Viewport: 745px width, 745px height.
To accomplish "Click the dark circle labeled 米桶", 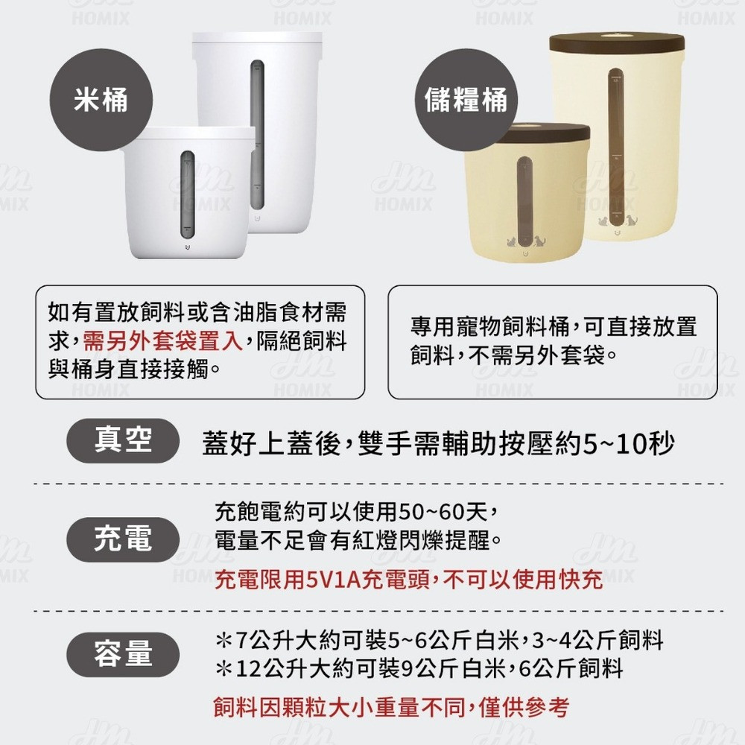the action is pos(101,100).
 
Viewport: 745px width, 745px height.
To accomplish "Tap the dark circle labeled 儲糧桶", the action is pos(466,100).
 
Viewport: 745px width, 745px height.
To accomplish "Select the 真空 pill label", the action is pos(123,440).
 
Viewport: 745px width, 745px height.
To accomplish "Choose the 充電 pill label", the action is pos(123,539).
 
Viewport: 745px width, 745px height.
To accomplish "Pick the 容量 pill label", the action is pos(123,654).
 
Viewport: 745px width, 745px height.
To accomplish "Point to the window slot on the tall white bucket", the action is pos(258,135).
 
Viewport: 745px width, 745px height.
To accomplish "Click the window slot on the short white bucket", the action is pos(188,194).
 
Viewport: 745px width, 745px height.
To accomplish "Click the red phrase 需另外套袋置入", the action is pos(163,340).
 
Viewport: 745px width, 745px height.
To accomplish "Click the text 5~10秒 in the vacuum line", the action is pos(628,444).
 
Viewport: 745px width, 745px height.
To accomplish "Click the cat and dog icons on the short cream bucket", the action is pos(526,241).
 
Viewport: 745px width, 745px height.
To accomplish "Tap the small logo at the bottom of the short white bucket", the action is pos(187,248).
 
